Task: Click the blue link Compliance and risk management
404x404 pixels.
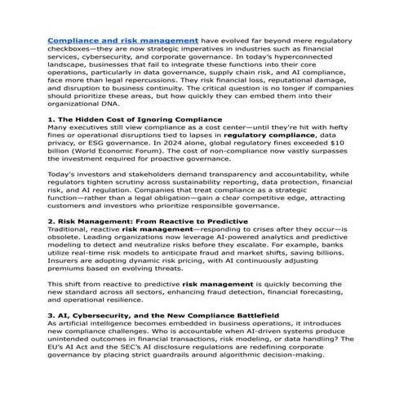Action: (122, 39)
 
